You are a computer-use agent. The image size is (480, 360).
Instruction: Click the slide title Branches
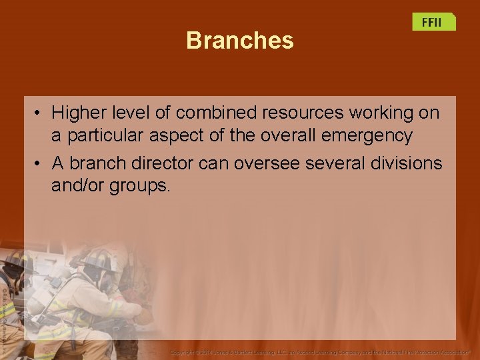click(239, 41)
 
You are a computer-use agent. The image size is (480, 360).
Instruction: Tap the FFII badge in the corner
click(433, 22)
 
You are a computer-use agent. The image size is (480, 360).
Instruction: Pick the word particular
click(105, 135)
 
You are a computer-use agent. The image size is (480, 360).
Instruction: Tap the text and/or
click(77, 185)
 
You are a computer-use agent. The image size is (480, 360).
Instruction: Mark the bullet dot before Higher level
click(39, 113)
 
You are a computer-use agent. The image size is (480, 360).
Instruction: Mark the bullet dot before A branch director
click(39, 162)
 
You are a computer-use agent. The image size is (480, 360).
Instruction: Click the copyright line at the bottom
click(320, 351)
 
